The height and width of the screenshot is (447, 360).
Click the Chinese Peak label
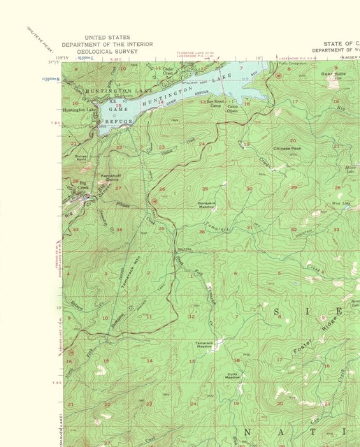pyautogui.click(x=287, y=149)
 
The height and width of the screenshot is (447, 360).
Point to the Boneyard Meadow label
pyautogui.click(x=206, y=206)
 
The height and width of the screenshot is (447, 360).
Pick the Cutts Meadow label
pyautogui.click(x=233, y=375)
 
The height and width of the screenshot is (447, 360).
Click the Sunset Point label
pyautogui.click(x=82, y=159)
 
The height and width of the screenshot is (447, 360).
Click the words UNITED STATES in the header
pyautogui.click(x=106, y=37)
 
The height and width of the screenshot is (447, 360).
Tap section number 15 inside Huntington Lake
pyautogui.click(x=118, y=105)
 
